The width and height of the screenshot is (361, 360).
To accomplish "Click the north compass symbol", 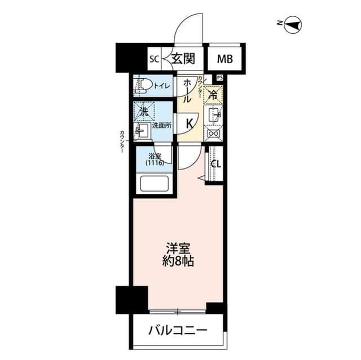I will pos(293,24).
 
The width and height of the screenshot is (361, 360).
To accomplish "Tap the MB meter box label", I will pos(224,57).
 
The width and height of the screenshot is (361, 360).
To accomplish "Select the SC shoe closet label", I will pos(154,57).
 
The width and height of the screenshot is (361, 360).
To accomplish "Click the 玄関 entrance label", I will pos(183,57).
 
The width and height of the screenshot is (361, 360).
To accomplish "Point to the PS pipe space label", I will pos(219,78).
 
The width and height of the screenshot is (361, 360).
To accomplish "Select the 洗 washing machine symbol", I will pos(144,111).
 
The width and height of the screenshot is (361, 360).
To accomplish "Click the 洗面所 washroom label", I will pos(161,126).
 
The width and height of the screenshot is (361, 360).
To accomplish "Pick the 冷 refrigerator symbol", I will pos(214,95).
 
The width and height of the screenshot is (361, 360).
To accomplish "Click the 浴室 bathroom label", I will pos(155,159).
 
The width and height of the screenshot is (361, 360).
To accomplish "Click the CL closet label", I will pos(215,164).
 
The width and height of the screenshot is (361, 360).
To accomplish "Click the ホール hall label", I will pos(186,91).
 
